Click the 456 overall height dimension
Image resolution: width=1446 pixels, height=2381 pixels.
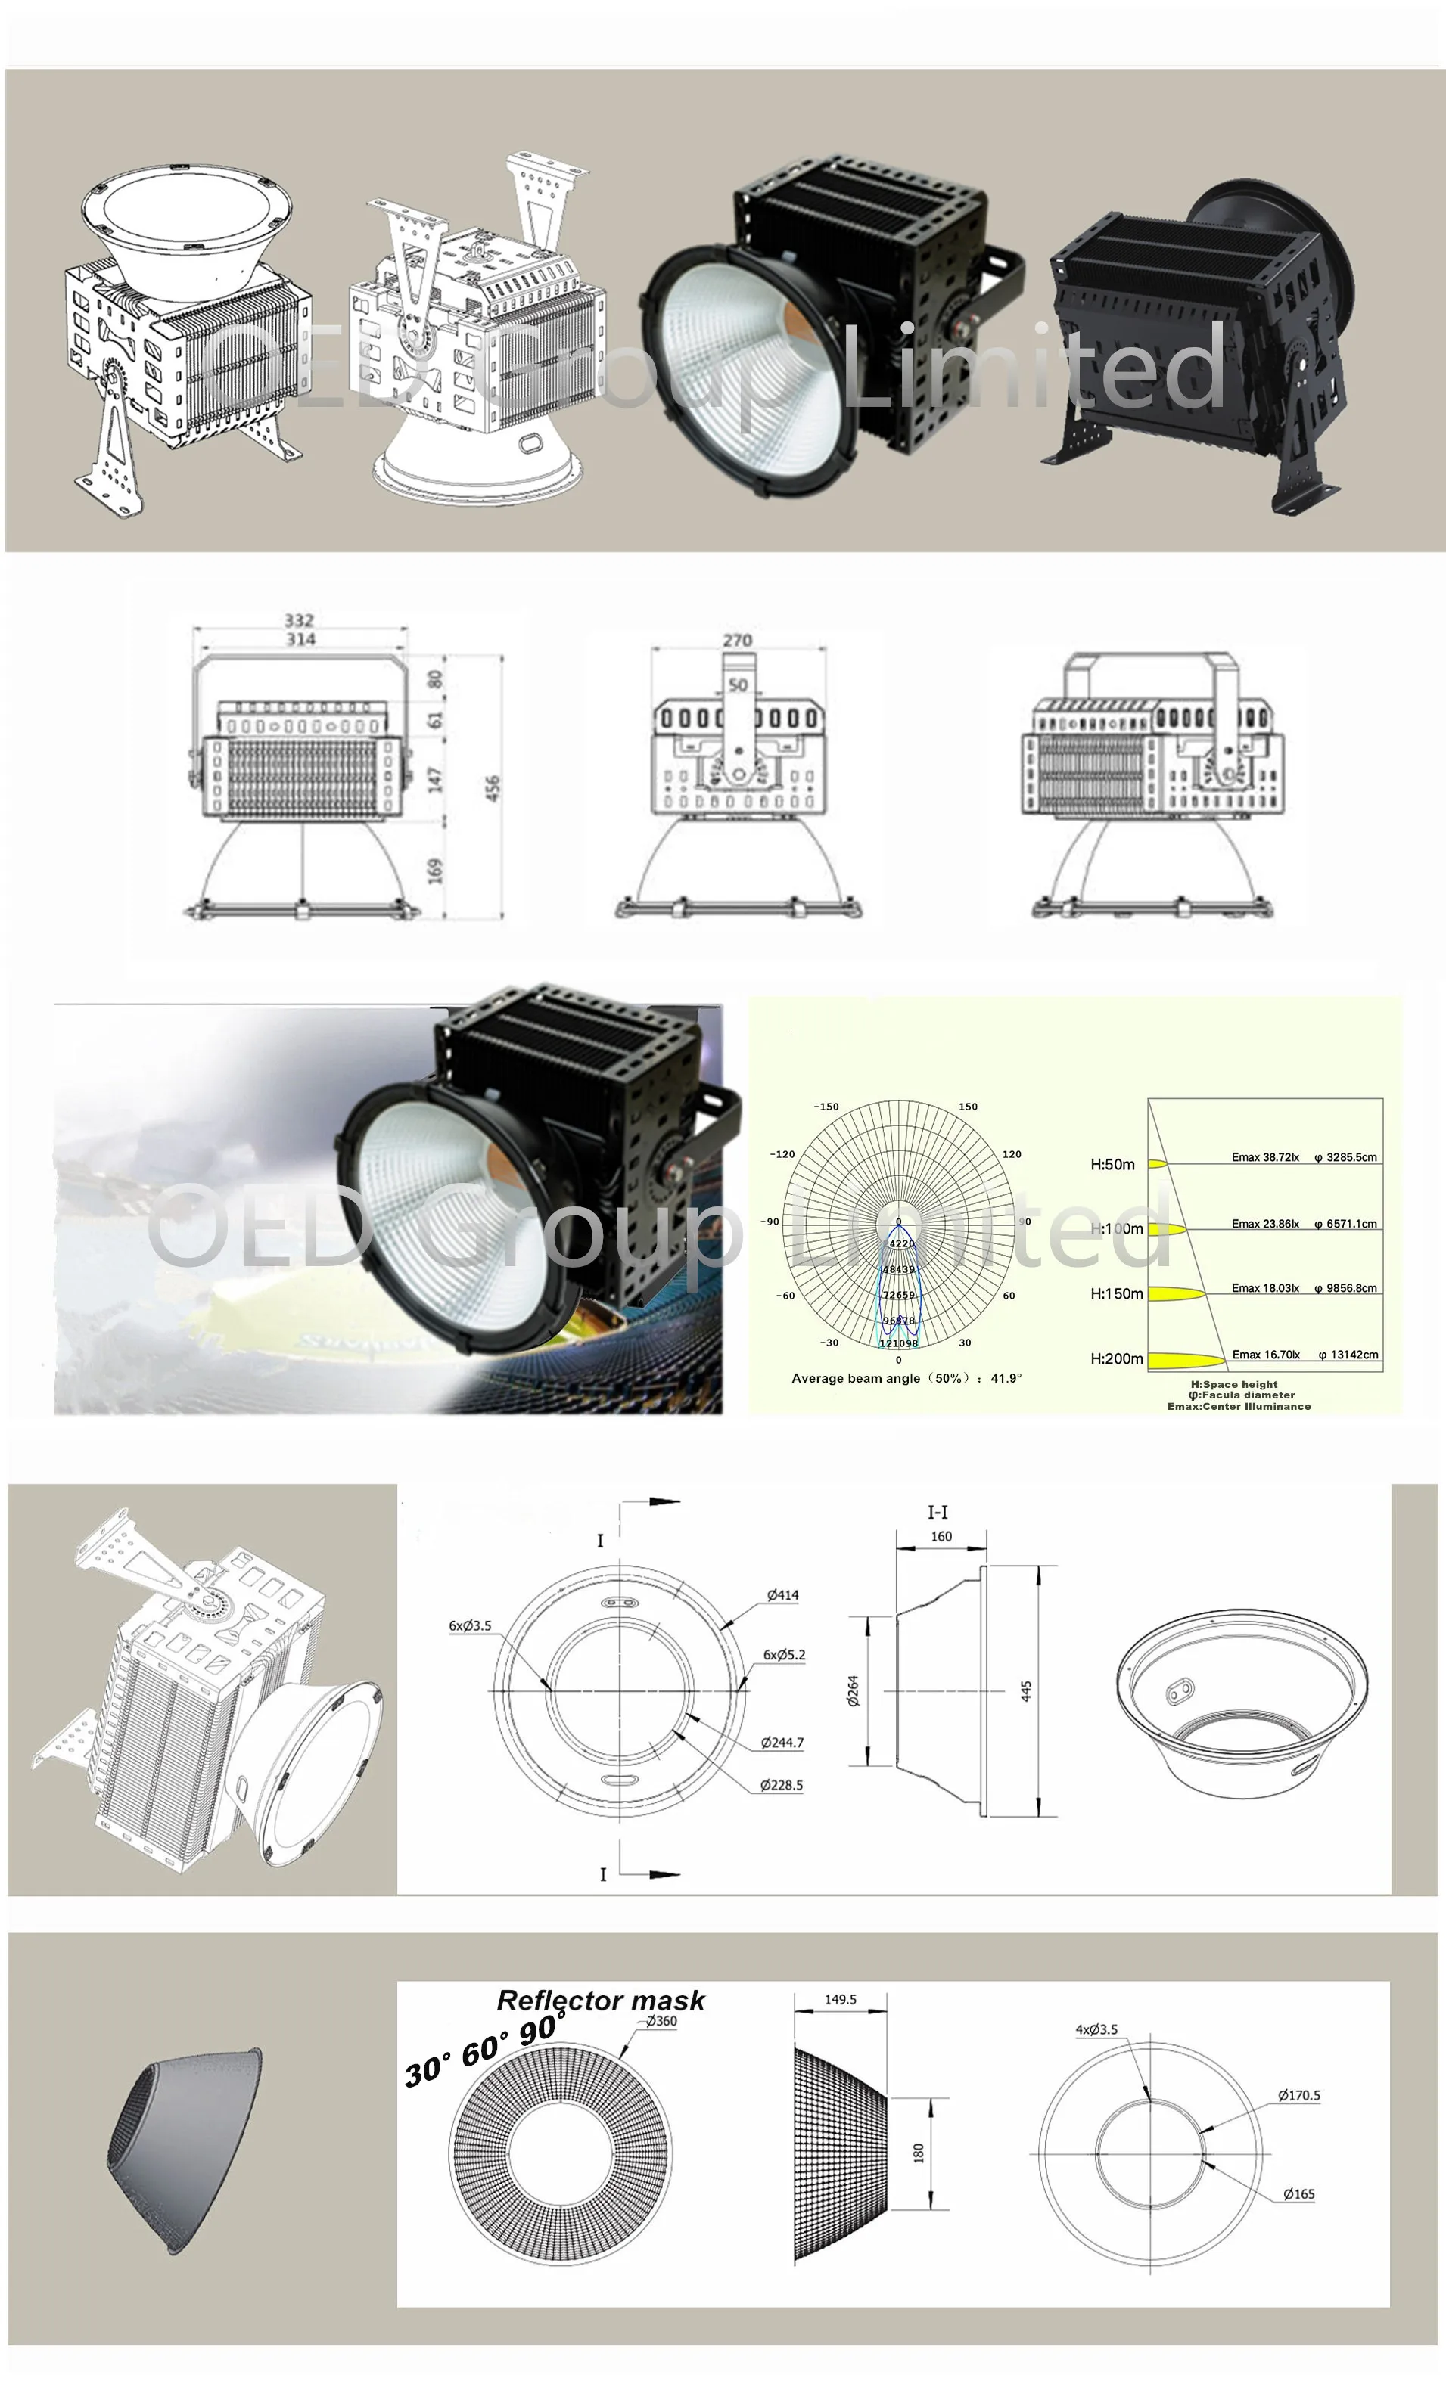click(x=493, y=787)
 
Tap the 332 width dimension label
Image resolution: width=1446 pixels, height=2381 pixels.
click(x=299, y=619)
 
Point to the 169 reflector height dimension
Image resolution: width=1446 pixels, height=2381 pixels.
click(x=436, y=871)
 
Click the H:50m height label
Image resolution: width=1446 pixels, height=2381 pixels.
click(x=1112, y=1165)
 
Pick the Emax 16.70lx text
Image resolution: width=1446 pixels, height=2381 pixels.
click(x=1264, y=1355)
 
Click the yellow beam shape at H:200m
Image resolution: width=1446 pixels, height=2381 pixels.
click(x=1185, y=1361)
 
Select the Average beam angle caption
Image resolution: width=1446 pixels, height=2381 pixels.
click(x=906, y=1378)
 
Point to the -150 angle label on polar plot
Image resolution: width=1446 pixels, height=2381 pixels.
click(x=826, y=1107)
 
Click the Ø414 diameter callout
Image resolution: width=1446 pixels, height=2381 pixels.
click(x=782, y=1595)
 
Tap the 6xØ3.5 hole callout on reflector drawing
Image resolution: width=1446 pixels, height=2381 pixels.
click(x=470, y=1625)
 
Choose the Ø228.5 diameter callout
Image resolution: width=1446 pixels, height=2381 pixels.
click(x=781, y=1785)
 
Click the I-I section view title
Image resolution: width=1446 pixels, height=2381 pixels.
click(x=937, y=1512)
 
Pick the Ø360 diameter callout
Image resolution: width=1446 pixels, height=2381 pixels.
click(x=661, y=2020)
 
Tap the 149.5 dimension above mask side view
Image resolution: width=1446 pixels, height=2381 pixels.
click(x=840, y=1999)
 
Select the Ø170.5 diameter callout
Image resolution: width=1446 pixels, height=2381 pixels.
click(x=1298, y=2095)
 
